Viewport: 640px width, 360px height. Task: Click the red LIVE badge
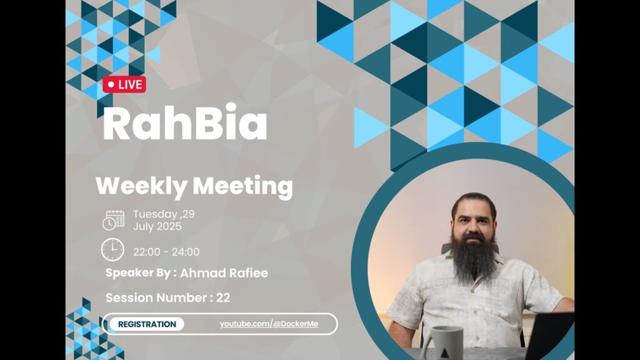click(x=124, y=84)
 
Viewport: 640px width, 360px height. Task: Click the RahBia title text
click(x=185, y=122)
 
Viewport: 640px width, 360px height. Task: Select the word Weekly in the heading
click(x=141, y=186)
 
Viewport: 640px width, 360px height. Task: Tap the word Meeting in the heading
click(x=243, y=186)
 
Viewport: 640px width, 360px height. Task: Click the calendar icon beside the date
click(x=114, y=221)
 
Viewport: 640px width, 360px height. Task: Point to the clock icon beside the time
click(x=112, y=250)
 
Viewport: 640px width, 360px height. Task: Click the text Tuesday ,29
click(x=164, y=214)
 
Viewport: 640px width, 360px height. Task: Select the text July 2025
click(x=157, y=226)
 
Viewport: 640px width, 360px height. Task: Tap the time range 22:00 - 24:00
click(x=166, y=252)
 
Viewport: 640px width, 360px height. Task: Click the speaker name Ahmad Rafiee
click(x=224, y=273)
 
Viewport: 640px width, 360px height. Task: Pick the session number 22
click(x=223, y=297)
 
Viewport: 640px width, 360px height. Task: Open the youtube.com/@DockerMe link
click(x=269, y=324)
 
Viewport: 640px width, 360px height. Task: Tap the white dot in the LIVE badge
click(x=111, y=84)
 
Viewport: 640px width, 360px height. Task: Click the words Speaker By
click(x=138, y=273)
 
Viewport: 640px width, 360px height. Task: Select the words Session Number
click(x=156, y=297)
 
